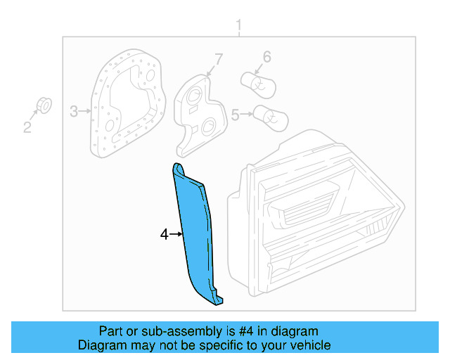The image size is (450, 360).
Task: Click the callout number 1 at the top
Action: click(238, 27)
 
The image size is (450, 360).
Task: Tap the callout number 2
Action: click(27, 127)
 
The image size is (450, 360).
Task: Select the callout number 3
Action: click(73, 110)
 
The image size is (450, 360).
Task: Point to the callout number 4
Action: click(165, 234)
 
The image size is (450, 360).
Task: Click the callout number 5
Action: click(236, 112)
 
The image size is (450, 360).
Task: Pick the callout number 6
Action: click(266, 57)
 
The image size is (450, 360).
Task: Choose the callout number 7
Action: click(218, 59)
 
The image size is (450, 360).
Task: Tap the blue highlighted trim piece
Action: click(196, 232)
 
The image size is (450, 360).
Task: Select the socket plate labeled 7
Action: click(200, 112)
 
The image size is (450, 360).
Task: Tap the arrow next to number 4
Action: click(176, 234)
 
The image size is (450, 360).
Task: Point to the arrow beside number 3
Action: click(85, 110)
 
